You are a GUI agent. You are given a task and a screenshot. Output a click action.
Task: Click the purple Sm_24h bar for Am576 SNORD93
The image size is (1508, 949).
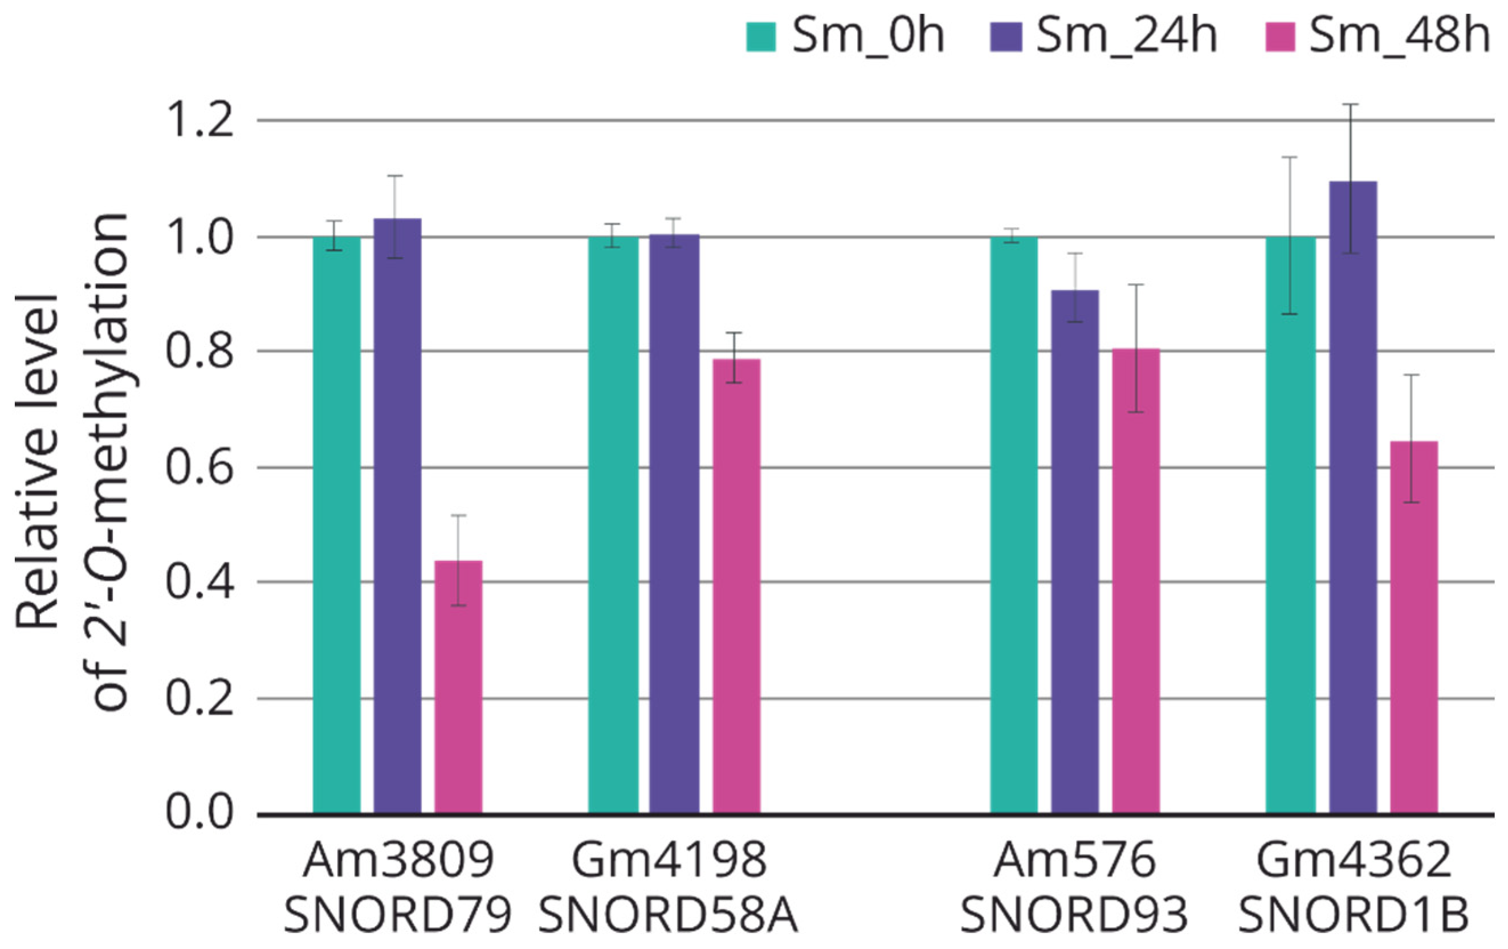(1075, 552)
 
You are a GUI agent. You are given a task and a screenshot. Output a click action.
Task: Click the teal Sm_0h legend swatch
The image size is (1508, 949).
(761, 36)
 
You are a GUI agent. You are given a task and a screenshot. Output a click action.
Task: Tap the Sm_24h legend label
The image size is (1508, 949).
(1127, 36)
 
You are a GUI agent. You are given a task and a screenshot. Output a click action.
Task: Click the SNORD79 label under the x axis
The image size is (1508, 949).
(398, 916)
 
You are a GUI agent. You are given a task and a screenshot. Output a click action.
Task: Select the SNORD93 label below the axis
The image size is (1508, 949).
(1075, 916)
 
